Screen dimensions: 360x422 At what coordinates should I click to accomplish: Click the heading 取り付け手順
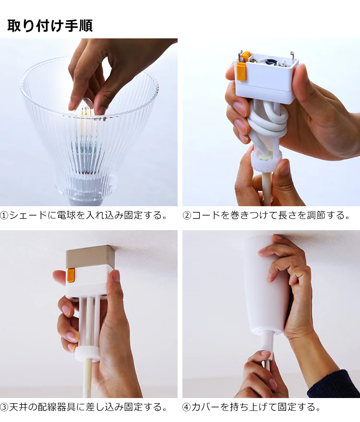tap(50, 26)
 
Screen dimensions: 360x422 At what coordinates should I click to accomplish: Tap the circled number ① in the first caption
tap(4, 216)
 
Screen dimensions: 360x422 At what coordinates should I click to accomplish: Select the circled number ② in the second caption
tap(187, 216)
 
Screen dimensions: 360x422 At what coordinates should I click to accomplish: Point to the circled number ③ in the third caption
tap(4, 407)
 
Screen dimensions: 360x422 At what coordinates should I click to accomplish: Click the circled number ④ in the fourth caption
tap(187, 407)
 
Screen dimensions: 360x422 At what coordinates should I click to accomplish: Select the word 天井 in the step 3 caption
tap(19, 407)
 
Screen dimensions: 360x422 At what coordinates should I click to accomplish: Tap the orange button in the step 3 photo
tap(71, 276)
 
